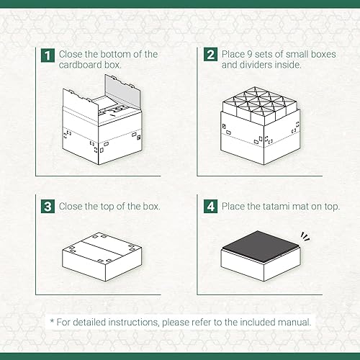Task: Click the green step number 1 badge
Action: (47, 55)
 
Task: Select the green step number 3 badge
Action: (47, 207)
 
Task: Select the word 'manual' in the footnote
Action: (292, 322)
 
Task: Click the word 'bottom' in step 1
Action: (120, 55)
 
